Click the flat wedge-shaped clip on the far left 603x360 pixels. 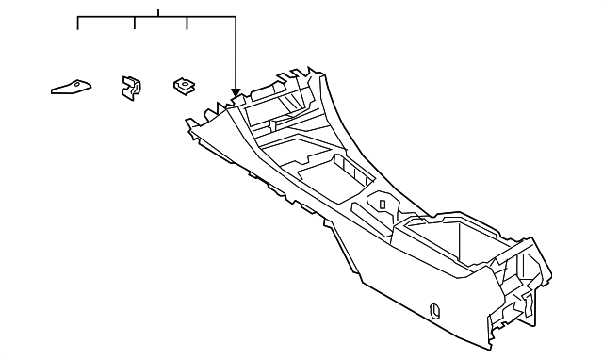(x=72, y=88)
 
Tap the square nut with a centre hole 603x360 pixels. (x=184, y=87)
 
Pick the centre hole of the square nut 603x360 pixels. (x=185, y=85)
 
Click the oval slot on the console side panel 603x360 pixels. (x=433, y=307)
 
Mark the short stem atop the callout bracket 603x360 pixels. (x=159, y=13)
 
